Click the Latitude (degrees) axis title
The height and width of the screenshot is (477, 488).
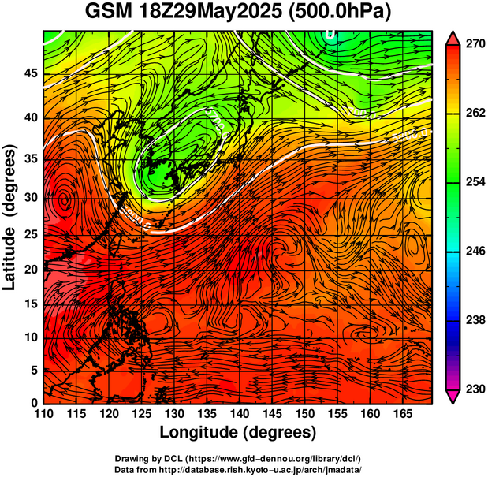[10, 217]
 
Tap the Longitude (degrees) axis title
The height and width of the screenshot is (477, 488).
[238, 433]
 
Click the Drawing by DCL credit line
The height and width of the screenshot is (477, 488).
[238, 458]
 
